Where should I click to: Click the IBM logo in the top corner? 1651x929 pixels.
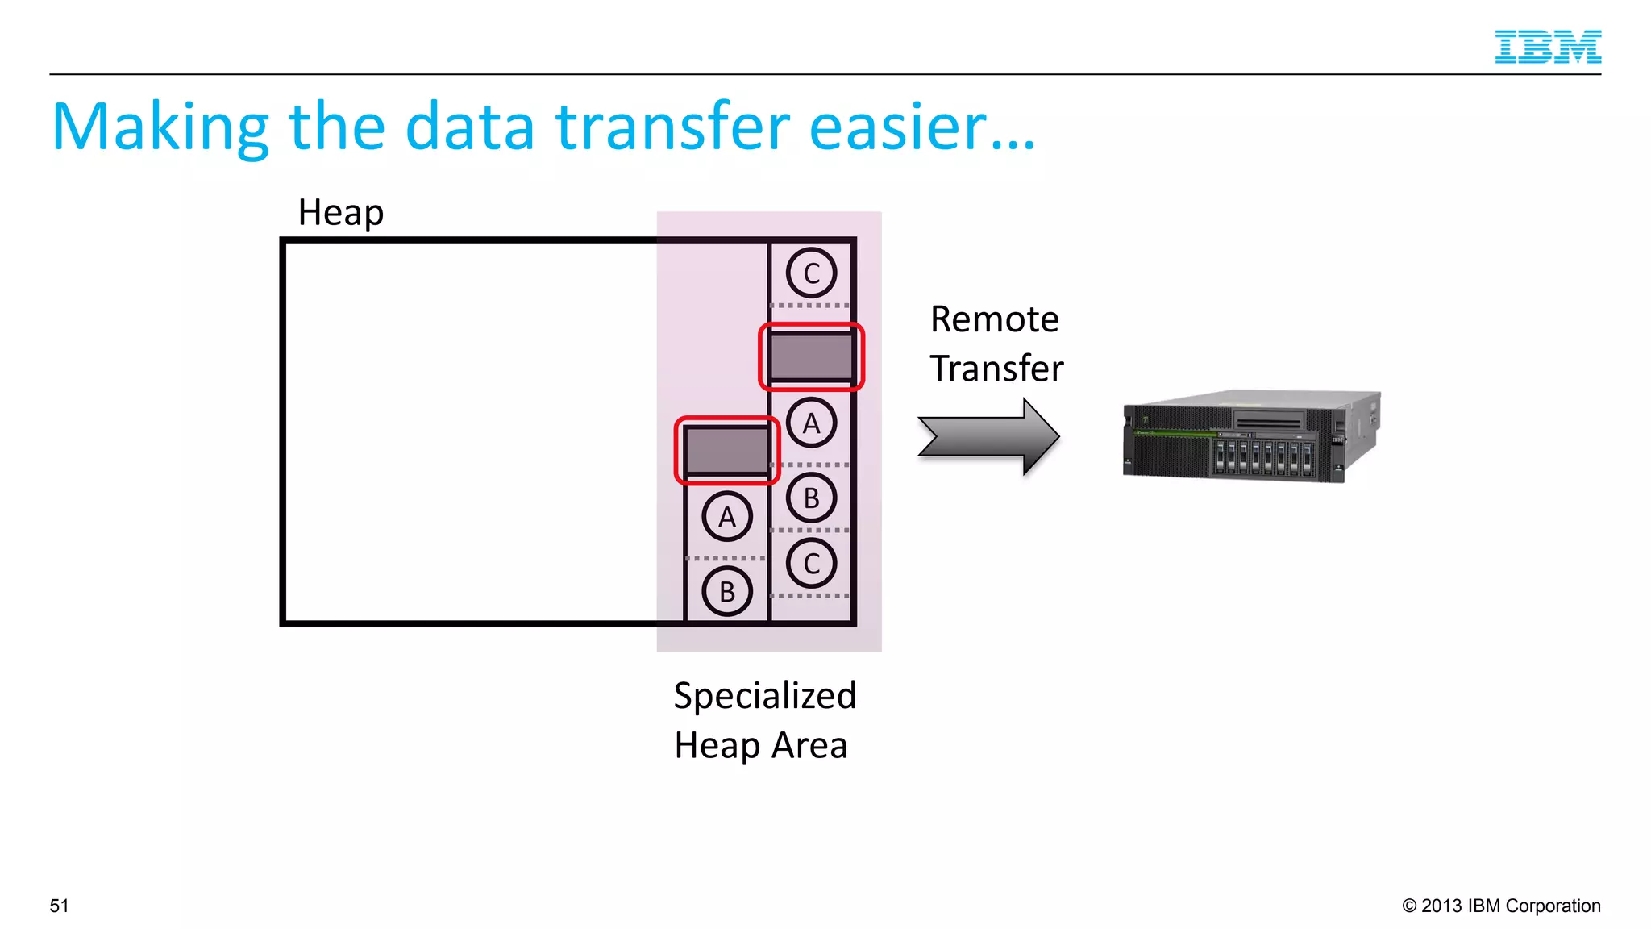click(1547, 47)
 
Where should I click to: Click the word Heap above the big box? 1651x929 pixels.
click(340, 213)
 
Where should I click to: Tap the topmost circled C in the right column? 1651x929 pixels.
click(811, 273)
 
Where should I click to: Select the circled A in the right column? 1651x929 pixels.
click(811, 423)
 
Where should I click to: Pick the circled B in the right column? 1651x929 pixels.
click(811, 498)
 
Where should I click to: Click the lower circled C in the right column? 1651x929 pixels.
click(811, 564)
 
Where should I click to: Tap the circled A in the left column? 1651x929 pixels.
click(727, 516)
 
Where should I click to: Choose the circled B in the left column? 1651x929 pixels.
click(727, 591)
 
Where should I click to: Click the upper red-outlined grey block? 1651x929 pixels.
click(811, 356)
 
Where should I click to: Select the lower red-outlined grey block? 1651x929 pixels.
click(727, 450)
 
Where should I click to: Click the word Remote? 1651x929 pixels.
click(994, 319)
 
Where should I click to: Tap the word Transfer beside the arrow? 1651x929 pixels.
click(996, 369)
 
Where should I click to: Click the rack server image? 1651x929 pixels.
click(1251, 437)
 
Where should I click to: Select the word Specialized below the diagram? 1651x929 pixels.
click(764, 695)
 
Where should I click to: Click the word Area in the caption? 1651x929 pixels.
click(809, 745)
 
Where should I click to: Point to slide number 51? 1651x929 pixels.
click(59, 906)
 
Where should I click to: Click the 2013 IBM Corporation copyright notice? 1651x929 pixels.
click(1500, 906)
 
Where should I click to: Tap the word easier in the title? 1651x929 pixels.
click(921, 127)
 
